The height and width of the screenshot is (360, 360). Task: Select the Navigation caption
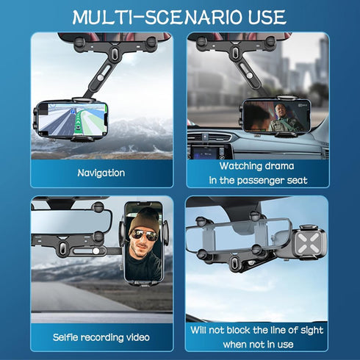coord(101,173)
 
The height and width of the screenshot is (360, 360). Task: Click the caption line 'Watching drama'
coord(257,167)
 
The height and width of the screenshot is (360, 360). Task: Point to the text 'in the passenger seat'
coord(257,180)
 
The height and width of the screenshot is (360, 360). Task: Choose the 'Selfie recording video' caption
coord(101,337)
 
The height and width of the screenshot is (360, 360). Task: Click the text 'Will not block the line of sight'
coord(257,331)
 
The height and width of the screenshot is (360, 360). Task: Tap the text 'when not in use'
coord(257,345)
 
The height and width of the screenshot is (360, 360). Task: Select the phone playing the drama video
coord(273,115)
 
